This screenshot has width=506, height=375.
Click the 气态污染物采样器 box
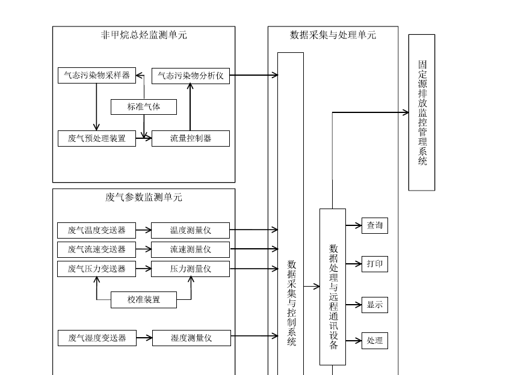point(97,76)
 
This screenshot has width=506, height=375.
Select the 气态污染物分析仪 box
point(190,76)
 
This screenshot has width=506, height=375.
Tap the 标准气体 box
point(144,107)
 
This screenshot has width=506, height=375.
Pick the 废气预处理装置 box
point(97,138)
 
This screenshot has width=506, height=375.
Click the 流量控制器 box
point(190,138)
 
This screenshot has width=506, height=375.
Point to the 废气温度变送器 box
point(97,230)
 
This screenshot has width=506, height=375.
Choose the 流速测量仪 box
point(190,249)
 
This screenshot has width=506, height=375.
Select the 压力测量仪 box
point(190,269)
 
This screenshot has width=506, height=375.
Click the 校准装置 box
point(144,299)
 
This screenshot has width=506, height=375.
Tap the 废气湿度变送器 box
point(97,338)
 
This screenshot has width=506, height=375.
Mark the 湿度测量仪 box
point(191,338)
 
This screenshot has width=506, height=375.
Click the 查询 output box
point(374,225)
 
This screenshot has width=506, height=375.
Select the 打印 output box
point(374,264)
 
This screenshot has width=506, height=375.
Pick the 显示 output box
point(374,305)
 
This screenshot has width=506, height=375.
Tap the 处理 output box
point(374,341)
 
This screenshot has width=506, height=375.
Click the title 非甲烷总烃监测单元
point(144,35)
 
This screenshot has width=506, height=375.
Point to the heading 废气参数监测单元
point(144,197)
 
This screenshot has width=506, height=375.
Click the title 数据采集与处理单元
point(333,35)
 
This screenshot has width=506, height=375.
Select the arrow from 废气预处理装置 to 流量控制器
point(144,138)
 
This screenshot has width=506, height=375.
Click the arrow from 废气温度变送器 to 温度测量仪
point(144,230)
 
